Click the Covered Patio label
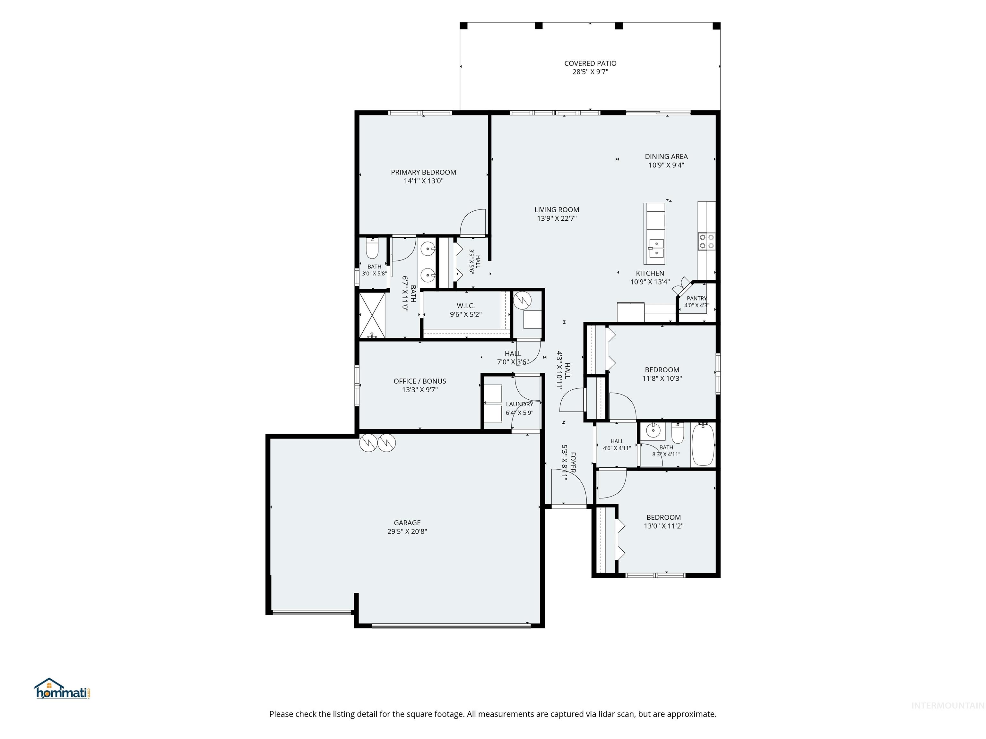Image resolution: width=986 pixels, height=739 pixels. [x=590, y=63]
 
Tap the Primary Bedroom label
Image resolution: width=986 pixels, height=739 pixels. [x=423, y=172]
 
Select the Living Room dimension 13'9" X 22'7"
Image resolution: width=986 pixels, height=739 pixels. [x=557, y=218]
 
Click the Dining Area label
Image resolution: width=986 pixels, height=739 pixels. [x=666, y=156]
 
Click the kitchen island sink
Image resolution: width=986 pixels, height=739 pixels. [x=656, y=249]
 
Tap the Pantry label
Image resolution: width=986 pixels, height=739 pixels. [x=697, y=298]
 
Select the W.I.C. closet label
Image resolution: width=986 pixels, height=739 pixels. [x=465, y=306]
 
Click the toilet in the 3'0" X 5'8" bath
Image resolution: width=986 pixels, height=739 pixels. [x=372, y=249]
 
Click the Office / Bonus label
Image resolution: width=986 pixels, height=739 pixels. [x=419, y=381]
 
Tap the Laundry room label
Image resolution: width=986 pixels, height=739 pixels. [x=519, y=404]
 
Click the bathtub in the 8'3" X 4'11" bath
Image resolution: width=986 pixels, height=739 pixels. [x=703, y=445]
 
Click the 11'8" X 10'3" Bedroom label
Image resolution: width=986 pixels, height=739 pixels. [x=662, y=370]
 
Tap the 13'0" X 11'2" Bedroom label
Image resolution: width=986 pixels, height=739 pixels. [x=663, y=517]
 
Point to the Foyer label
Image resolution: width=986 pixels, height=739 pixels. [x=573, y=463]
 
